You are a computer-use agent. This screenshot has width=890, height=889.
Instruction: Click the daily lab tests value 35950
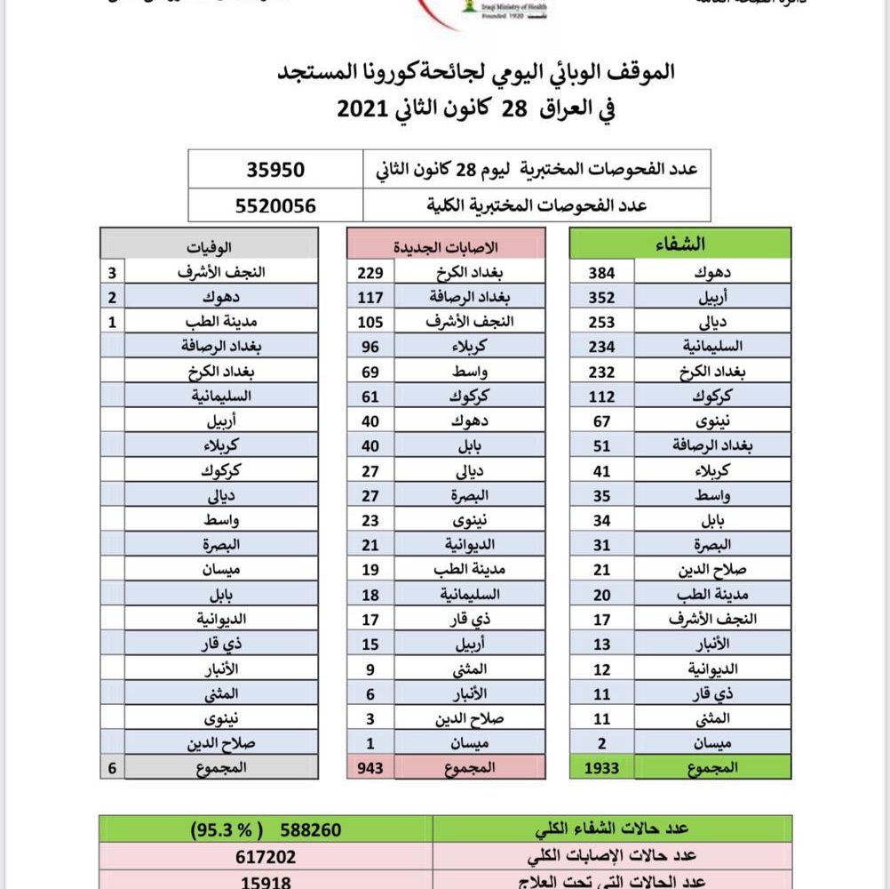pos(275,169)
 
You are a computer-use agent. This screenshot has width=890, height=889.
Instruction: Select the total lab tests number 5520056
pos(275,205)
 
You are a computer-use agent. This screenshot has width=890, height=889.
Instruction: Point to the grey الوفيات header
pos(210,244)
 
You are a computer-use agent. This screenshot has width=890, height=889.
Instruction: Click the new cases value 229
pos(370,271)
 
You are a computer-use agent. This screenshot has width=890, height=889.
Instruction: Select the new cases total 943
pos(370,766)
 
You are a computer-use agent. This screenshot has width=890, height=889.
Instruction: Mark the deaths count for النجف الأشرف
pos(113,271)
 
